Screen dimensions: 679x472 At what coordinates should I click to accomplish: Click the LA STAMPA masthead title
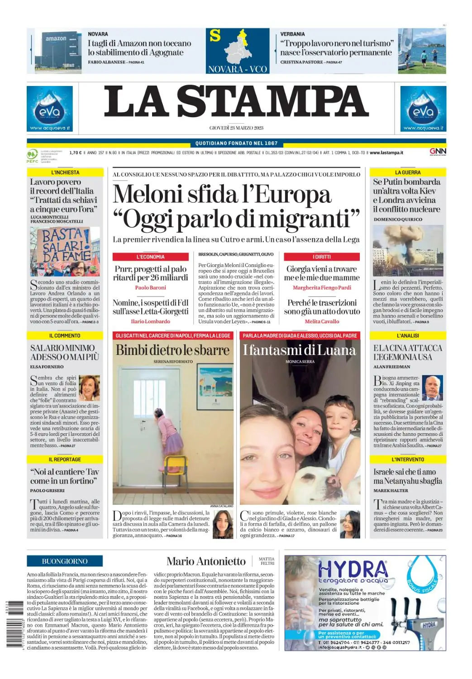pos(236,101)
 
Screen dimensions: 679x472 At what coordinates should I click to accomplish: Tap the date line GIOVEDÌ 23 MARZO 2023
pos(236,128)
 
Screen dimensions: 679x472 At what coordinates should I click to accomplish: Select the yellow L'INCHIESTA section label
pos(65,172)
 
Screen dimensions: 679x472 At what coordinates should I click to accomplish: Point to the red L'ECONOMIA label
pos(150,257)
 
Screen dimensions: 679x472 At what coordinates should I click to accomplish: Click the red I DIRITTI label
pos(322,257)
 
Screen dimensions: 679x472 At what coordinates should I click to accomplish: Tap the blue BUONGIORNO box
pos(65,561)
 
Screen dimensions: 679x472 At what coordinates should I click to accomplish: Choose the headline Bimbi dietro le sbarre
pos(172,350)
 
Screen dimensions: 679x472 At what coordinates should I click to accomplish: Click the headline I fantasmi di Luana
pos(299,350)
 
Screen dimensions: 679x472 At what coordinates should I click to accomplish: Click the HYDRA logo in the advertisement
pos(353,569)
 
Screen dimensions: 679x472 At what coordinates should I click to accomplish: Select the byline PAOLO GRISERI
pos(48,491)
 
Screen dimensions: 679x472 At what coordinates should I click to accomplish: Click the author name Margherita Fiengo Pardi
pos(322,287)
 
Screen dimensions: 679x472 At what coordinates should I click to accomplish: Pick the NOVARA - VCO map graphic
pos(237,51)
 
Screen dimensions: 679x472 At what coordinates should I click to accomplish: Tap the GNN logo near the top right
pos(438,152)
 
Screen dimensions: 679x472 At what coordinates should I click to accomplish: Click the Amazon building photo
pos(57,51)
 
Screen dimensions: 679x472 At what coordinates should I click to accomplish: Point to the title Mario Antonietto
pos(206,561)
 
